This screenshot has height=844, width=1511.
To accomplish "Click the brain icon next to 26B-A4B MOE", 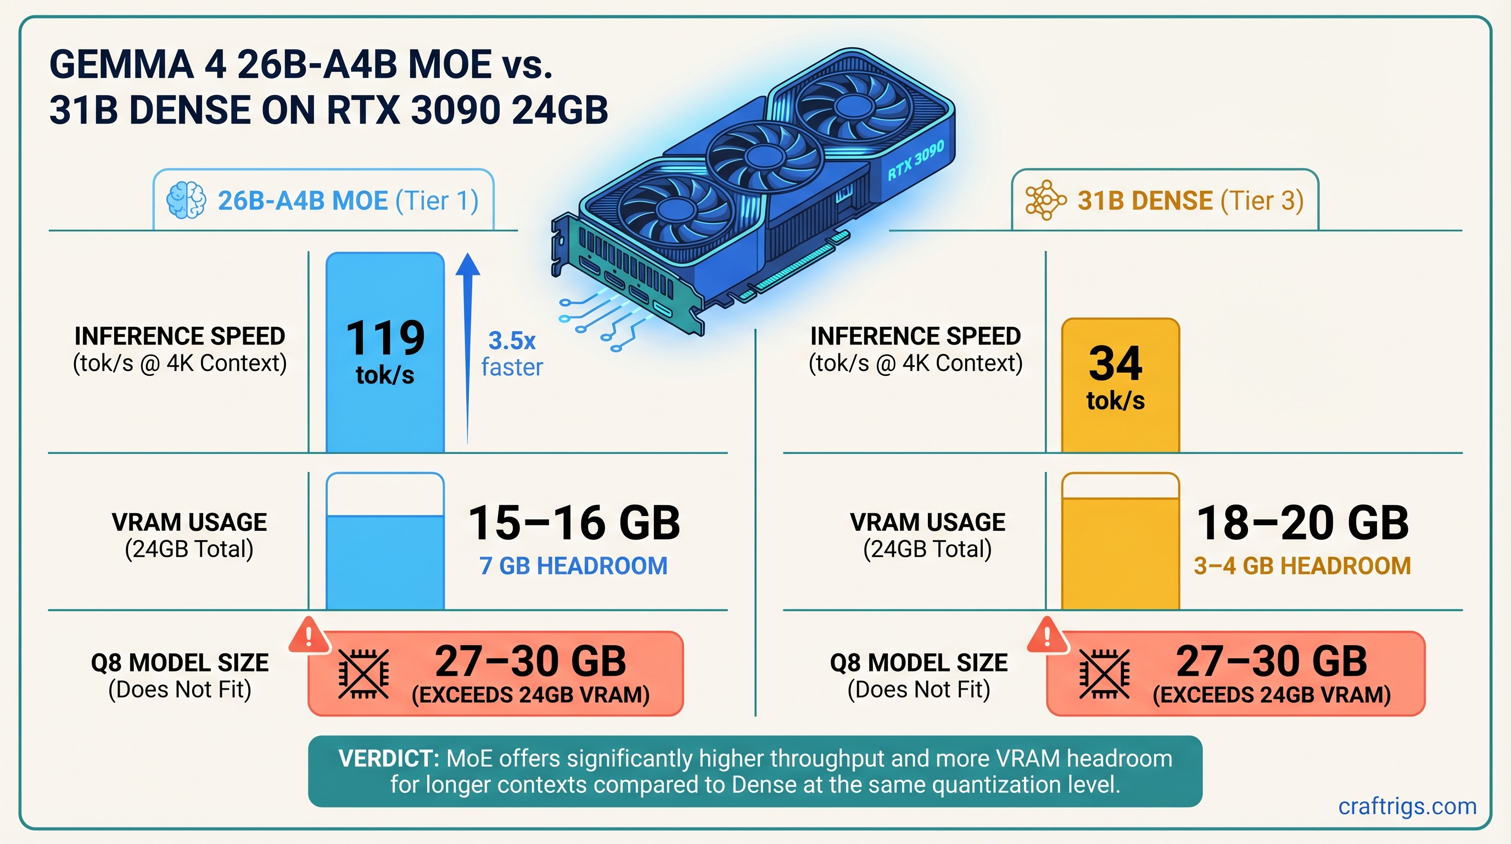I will (186, 201).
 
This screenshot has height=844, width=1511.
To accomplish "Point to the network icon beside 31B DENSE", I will (1045, 201).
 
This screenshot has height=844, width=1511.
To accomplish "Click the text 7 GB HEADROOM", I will (573, 566).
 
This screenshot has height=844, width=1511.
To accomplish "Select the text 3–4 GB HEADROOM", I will (1302, 566).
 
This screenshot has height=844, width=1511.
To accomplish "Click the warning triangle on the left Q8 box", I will (309, 635).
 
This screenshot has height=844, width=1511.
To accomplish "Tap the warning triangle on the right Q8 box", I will (1047, 635).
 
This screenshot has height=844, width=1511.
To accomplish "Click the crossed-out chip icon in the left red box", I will (363, 674).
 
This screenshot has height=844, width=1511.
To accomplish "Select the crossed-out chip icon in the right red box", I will (1104, 674).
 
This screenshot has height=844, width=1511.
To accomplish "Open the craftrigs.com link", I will (1407, 807).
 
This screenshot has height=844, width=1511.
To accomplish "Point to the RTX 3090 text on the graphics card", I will (915, 160).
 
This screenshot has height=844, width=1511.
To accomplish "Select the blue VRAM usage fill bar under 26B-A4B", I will (385, 562).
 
